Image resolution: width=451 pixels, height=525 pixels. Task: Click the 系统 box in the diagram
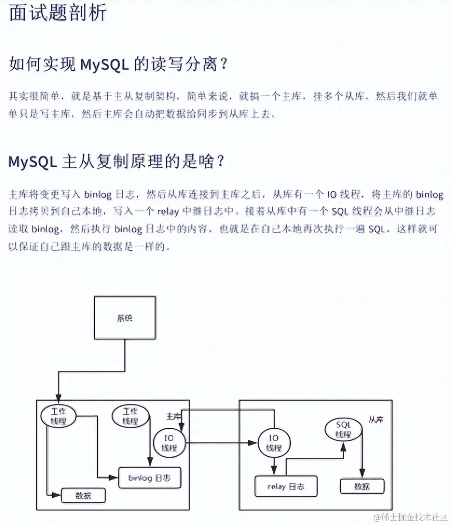tap(125, 318)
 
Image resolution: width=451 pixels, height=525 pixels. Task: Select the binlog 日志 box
tap(149, 478)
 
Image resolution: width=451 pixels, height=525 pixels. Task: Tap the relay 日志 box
tap(286, 486)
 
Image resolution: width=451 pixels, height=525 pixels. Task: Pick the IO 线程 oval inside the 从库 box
tap(274, 442)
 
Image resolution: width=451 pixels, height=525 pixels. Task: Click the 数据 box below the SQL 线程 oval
tap(362, 486)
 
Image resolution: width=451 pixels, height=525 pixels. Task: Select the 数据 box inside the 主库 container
tap(84, 496)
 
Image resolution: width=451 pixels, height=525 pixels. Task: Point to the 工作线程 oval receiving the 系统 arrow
tap(58, 415)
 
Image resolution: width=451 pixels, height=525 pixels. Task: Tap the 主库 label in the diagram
tap(173, 415)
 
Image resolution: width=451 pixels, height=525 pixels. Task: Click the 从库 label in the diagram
tap(375, 420)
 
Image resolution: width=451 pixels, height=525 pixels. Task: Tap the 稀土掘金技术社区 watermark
tap(410, 517)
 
